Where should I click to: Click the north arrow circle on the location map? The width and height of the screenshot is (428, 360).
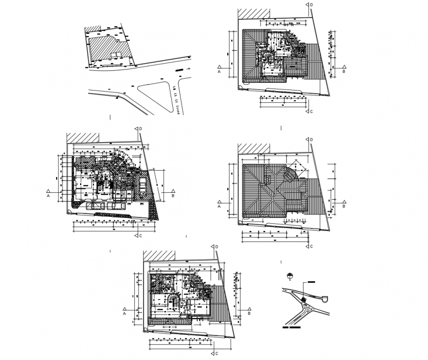tap(290, 276)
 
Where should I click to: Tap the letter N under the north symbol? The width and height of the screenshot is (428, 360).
tap(290, 281)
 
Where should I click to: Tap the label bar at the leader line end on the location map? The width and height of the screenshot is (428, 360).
tap(312, 282)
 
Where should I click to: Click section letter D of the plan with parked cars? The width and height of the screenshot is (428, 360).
tap(141, 129)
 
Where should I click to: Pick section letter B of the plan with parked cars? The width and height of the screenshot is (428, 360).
tap(173, 196)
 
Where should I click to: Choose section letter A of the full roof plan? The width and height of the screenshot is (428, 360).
tap(218, 207)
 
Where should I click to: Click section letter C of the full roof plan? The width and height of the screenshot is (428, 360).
tap(312, 246)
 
